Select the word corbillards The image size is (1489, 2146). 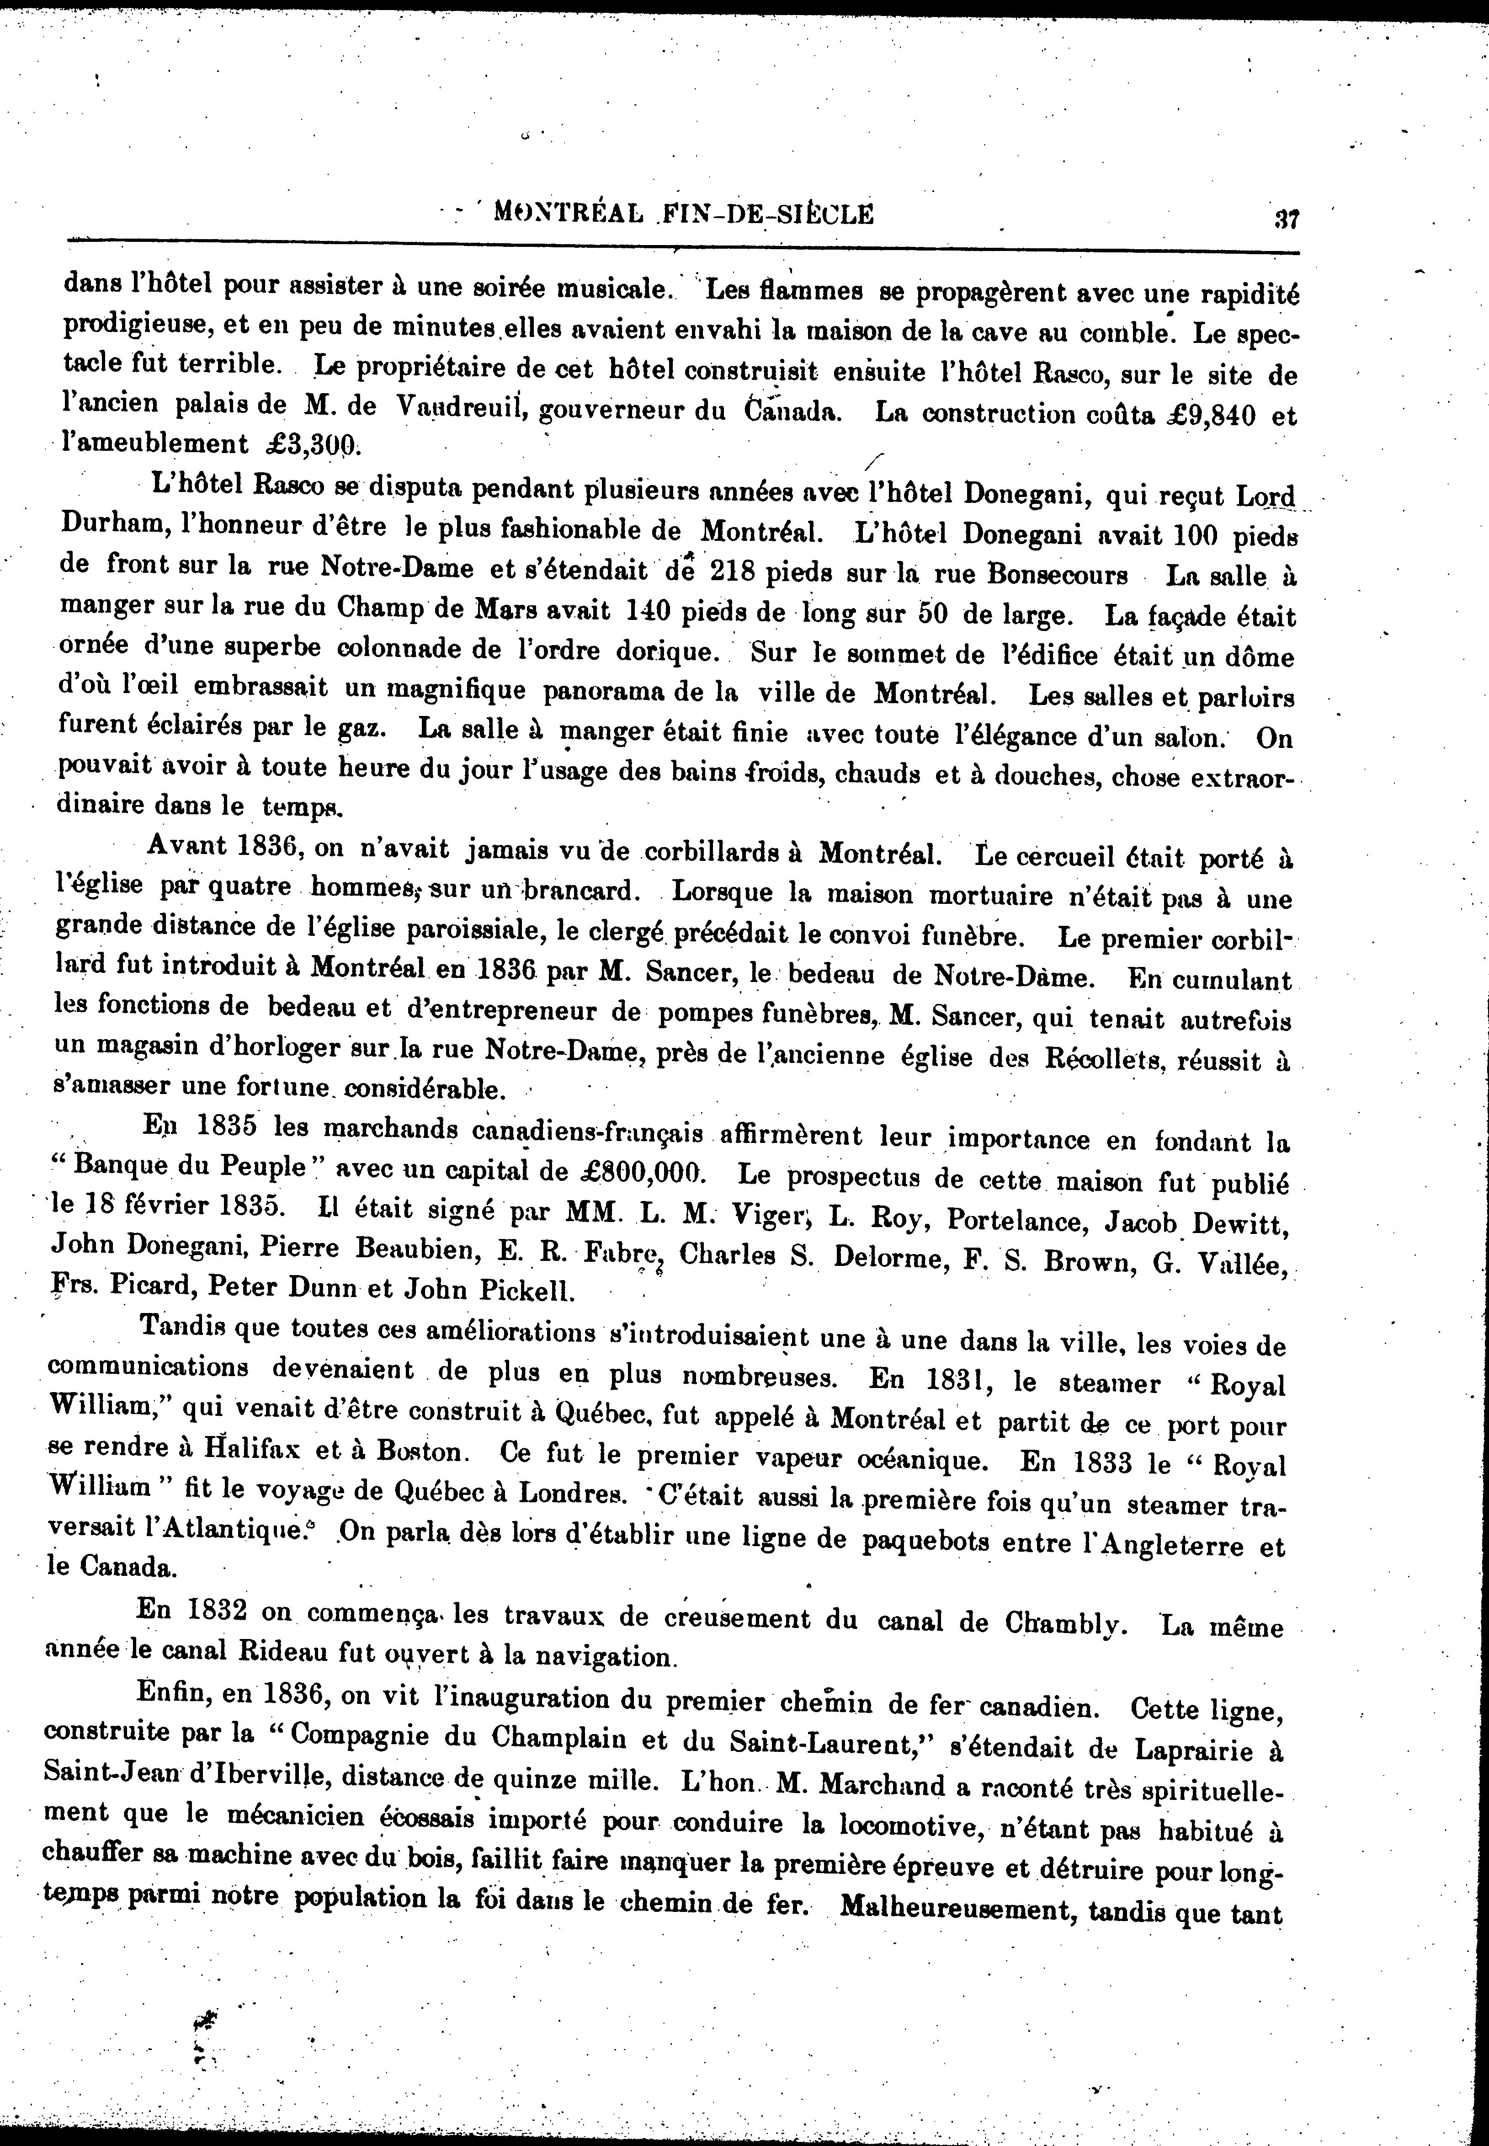click(692, 851)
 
